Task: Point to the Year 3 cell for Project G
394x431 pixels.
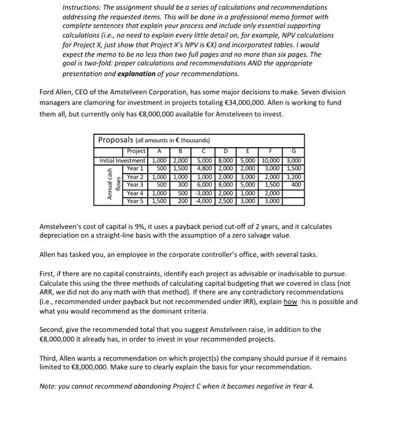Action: tap(296, 184)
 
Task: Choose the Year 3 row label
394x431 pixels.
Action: tap(134, 184)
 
